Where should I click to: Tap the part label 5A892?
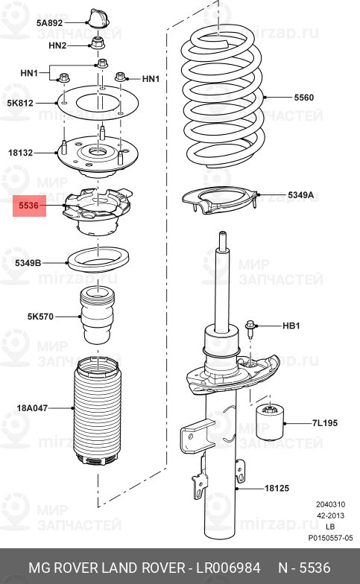point(51,23)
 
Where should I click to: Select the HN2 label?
point(57,45)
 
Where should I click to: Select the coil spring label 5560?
point(303,98)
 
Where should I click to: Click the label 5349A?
point(302,196)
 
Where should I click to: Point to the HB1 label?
point(291,326)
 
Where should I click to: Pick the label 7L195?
point(325,423)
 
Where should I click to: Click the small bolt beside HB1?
point(252,326)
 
